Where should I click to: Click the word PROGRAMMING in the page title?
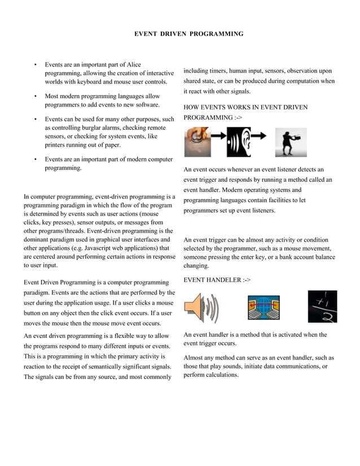click(216, 34)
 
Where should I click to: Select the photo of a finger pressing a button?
click(197, 142)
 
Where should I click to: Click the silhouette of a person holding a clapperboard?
click(291, 143)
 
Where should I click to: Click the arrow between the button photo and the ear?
click(218, 136)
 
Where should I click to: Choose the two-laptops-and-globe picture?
click(263, 307)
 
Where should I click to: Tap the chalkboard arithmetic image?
click(322, 306)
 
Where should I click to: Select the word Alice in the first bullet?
click(133, 65)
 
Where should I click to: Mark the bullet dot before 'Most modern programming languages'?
click(36, 96)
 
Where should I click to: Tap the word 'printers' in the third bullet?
click(58, 145)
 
